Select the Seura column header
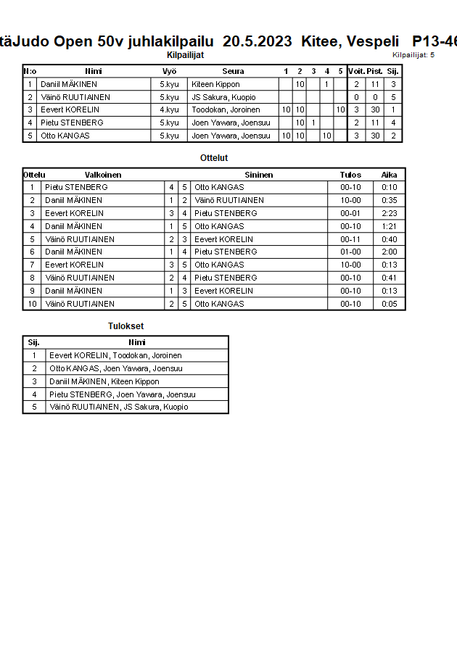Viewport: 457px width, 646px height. [x=233, y=71]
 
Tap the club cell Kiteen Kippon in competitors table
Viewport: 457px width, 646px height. [x=215, y=84]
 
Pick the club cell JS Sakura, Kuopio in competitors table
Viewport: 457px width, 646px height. [x=223, y=97]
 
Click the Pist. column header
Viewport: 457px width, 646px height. [x=374, y=71]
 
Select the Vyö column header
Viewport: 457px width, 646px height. [x=169, y=71]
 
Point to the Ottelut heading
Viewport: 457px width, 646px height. [x=214, y=157]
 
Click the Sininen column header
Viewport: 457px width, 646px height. [x=259, y=175]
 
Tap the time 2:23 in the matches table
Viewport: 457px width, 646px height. [x=390, y=213]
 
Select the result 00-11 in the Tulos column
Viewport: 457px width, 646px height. [x=350, y=239]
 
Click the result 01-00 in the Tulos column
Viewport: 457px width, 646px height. [x=350, y=252]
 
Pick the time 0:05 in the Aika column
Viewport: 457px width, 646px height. [x=390, y=304]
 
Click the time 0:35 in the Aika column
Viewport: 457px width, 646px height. [x=390, y=200]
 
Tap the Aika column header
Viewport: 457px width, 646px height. [x=390, y=175]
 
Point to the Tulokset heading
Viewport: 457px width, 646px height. [x=125, y=326]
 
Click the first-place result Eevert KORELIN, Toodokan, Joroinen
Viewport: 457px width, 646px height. [x=115, y=355]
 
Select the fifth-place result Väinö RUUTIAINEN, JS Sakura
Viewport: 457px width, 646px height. [x=118, y=407]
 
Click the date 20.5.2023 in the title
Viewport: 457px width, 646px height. [x=258, y=41]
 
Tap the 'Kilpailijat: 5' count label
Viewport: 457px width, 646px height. [x=413, y=54]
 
